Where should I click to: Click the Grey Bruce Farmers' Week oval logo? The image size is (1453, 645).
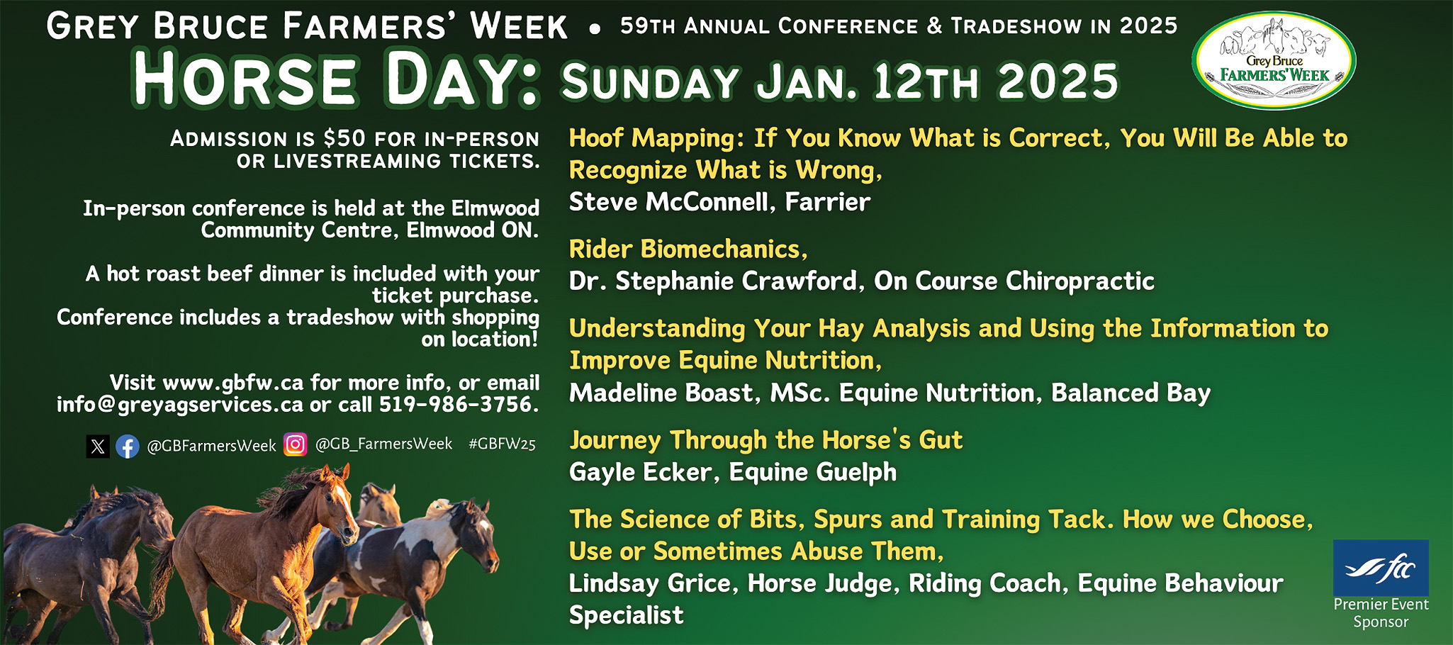click(1274, 60)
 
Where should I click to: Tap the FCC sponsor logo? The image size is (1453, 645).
click(1381, 567)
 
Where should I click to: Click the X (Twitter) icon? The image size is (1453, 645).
click(98, 447)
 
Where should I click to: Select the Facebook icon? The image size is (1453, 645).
click(128, 447)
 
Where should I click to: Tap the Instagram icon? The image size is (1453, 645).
click(295, 444)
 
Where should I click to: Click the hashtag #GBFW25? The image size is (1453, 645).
click(502, 444)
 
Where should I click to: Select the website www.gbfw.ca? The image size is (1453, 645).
click(233, 383)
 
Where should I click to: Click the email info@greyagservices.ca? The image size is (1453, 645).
click(180, 405)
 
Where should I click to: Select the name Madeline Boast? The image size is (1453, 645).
click(661, 393)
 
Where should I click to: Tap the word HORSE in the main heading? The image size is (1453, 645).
click(245, 79)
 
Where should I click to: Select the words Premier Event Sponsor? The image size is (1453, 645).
click(1381, 613)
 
